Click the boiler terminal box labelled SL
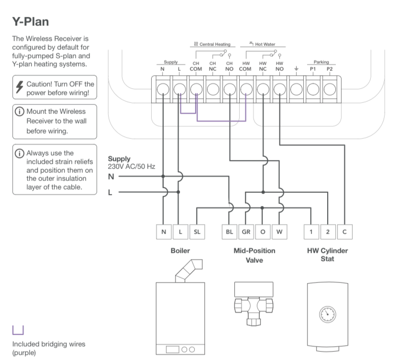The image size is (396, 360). pyautogui.click(x=197, y=232)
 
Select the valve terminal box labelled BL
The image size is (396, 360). pyautogui.click(x=229, y=232)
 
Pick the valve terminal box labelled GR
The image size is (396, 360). pyautogui.click(x=246, y=232)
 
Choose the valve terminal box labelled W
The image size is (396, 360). pyautogui.click(x=280, y=232)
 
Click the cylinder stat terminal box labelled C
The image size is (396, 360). pyautogui.click(x=344, y=232)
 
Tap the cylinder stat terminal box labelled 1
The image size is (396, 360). pyautogui.click(x=311, y=232)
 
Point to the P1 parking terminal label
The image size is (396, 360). pyautogui.click(x=313, y=69)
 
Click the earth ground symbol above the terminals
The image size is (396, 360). pyautogui.click(x=297, y=69)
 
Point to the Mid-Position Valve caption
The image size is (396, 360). pyautogui.click(x=254, y=255)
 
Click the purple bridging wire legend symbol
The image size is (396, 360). pyautogui.click(x=18, y=329)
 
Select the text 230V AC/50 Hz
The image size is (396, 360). pyautogui.click(x=132, y=167)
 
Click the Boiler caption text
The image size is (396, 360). pyautogui.click(x=180, y=250)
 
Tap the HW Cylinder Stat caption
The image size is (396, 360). pyautogui.click(x=328, y=255)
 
